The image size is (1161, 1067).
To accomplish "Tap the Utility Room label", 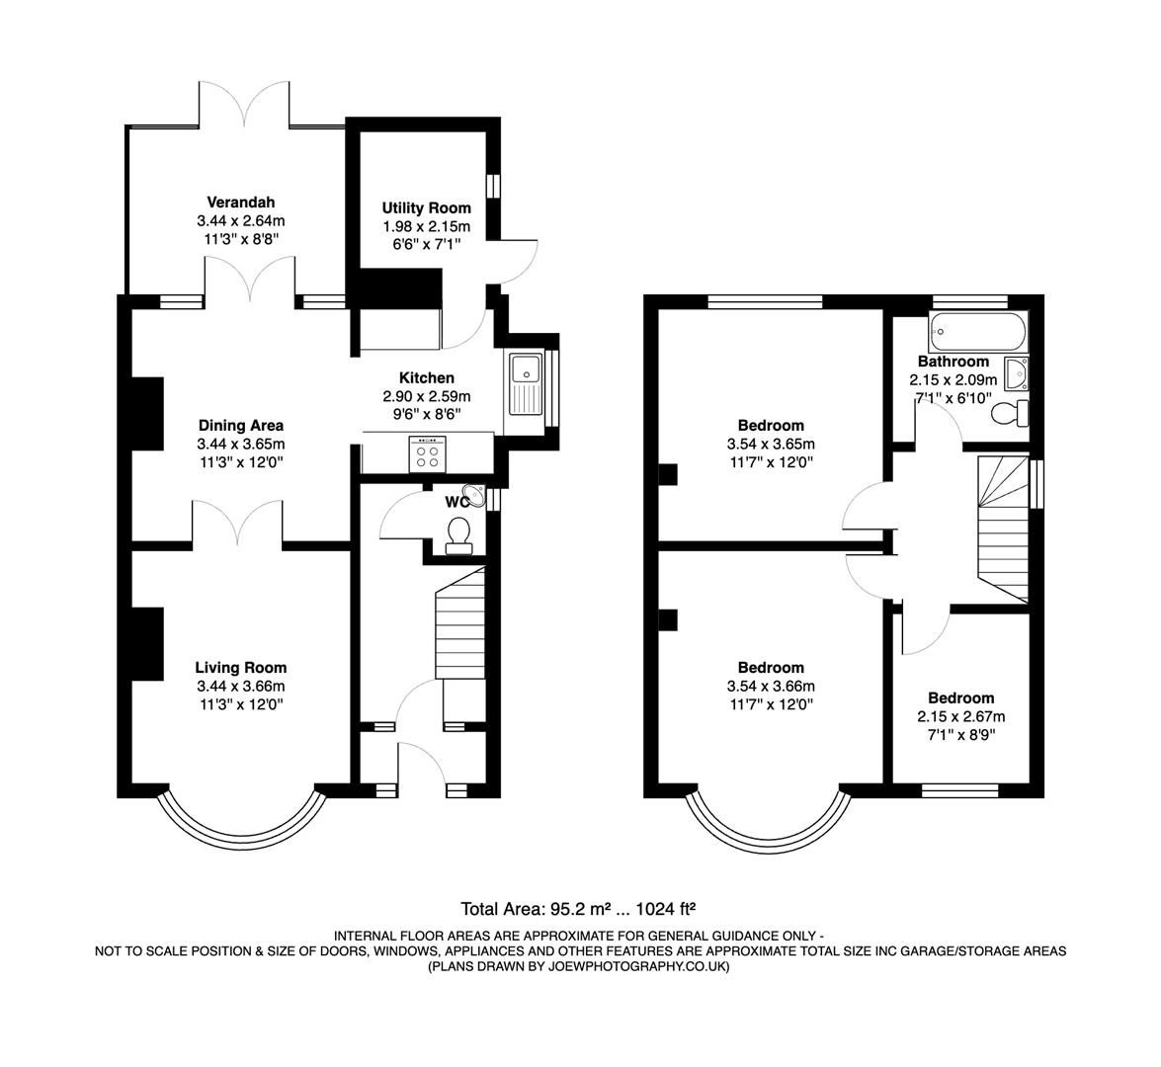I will pos(426,208).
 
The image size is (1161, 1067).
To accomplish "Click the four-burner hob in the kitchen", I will pos(427,455).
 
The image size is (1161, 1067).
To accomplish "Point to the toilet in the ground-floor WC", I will pos(458,534).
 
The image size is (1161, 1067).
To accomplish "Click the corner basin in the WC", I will pos(478,497).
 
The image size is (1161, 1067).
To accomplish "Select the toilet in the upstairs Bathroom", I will pos(1009,413).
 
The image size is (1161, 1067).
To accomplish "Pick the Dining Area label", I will pos(240,426).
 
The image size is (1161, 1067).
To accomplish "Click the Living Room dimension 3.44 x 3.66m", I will pos(240,686).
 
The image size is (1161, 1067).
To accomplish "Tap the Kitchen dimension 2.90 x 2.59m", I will pos(426,396).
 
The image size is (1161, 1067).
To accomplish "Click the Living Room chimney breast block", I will pos(147,644).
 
